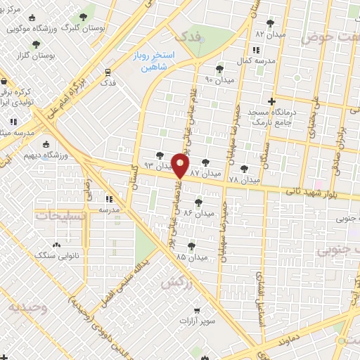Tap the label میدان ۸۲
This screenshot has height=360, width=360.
pos(269,34)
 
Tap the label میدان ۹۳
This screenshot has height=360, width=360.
pos(157,166)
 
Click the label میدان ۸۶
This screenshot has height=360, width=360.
pos(197,213)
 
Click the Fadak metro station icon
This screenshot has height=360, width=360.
pos(108,72)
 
